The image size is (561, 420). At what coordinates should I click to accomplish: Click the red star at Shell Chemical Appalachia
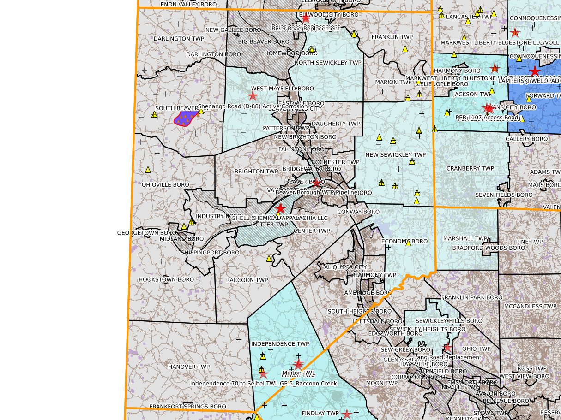point(280,208)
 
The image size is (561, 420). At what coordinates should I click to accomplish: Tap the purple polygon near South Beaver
point(186,118)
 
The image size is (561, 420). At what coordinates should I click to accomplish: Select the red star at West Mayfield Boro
point(253,95)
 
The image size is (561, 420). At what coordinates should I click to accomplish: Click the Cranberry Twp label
point(470,169)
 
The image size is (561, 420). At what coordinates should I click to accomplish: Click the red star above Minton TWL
point(298,364)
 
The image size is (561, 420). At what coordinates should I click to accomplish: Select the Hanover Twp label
point(188,367)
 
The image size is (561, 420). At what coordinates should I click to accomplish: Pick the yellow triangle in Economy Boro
point(408,243)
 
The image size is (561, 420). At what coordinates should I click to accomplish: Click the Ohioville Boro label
point(165,185)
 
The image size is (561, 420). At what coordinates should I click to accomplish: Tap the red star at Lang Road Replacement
point(447,348)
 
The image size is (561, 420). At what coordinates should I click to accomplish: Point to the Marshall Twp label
point(465,239)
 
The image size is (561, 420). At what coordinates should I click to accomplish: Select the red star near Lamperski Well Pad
point(535,71)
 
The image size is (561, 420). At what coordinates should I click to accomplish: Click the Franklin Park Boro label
point(471,298)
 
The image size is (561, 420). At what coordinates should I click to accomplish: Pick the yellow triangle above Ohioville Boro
point(148,170)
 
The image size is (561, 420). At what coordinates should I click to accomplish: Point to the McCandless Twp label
point(530,306)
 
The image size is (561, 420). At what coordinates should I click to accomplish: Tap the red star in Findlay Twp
point(347,414)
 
